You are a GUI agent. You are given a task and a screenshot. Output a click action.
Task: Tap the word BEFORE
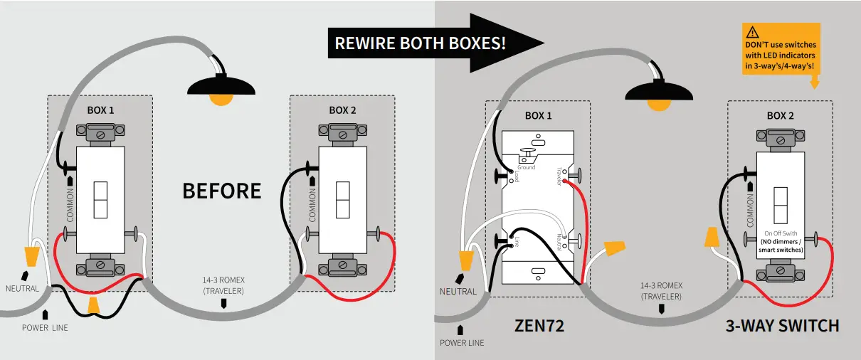(x=222, y=191)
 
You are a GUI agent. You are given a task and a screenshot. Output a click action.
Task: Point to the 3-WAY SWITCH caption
(x=782, y=326)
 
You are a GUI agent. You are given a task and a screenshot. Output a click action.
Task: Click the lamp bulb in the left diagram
(x=221, y=100)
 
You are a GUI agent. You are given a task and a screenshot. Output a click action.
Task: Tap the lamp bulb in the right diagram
(x=659, y=104)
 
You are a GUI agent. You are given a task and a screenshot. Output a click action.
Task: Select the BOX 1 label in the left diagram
(x=100, y=110)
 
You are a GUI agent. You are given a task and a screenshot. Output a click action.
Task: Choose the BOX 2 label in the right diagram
(x=780, y=115)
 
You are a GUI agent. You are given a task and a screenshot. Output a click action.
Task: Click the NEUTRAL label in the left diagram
(x=22, y=289)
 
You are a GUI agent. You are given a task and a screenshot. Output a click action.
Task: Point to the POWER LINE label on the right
(x=462, y=342)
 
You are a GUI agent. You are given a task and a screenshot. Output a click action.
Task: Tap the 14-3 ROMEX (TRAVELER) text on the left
(x=223, y=285)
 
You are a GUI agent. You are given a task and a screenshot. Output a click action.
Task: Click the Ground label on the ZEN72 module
(x=526, y=168)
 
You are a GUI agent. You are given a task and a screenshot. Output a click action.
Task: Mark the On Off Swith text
(x=781, y=233)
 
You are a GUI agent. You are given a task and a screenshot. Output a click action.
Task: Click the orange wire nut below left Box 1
(x=93, y=305)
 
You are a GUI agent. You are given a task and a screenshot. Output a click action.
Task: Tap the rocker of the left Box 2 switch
(x=343, y=200)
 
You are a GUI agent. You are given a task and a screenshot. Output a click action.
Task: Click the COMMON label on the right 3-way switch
(x=751, y=212)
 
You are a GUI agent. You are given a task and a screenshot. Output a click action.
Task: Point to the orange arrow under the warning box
(x=814, y=83)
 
